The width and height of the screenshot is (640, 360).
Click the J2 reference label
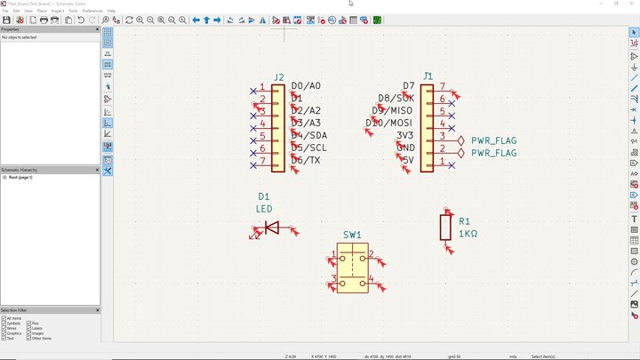[x=279, y=77]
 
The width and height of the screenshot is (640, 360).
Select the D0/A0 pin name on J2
[x=306, y=86]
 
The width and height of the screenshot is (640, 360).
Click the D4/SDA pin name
[x=308, y=136]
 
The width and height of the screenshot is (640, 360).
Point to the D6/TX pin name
[x=307, y=161]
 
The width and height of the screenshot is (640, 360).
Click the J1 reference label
[x=428, y=76]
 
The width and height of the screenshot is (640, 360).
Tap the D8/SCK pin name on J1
[x=396, y=99]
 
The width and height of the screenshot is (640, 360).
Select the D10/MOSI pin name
[x=389, y=124]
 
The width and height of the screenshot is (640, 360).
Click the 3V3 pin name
[x=405, y=136]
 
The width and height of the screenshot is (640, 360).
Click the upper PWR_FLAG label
[x=493, y=140]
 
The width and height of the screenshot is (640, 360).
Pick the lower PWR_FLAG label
[x=493, y=153]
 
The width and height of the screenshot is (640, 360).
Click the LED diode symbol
[x=272, y=228]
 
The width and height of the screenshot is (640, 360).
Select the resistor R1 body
[x=445, y=227]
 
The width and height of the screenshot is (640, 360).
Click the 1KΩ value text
[x=468, y=234]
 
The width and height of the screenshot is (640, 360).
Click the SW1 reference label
[x=352, y=236]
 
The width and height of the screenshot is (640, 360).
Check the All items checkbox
[x=4, y=318]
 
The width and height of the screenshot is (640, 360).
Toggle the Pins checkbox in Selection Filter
[x=29, y=324]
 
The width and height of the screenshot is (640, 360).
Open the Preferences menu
[x=92, y=11]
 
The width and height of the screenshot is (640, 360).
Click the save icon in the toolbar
[x=6, y=20]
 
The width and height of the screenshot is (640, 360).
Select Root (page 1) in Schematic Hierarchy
[x=20, y=178]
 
